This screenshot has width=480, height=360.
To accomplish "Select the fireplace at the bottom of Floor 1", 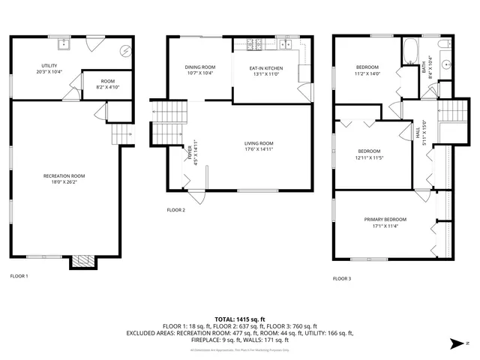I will pyautogui.click(x=82, y=262).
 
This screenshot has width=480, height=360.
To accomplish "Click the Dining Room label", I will pyautogui.click(x=199, y=67).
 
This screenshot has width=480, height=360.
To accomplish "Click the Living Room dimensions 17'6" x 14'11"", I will pyautogui.click(x=259, y=148).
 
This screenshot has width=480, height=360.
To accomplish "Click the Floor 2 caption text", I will pyautogui.click(x=175, y=210).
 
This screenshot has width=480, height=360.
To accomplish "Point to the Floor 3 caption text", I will pyautogui.click(x=341, y=278).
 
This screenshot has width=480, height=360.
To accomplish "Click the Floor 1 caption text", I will pyautogui.click(x=19, y=276).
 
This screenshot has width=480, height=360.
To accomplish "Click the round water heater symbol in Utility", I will pyautogui.click(x=125, y=52).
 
